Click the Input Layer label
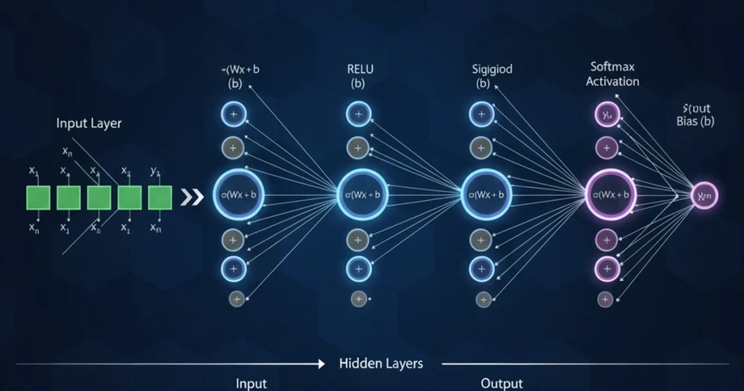[x=89, y=123]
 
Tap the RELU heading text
[x=361, y=69]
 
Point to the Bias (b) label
[x=696, y=122]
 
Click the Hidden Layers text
[x=381, y=363]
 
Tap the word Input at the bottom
[x=251, y=384]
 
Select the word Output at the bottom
[x=502, y=384]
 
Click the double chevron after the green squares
[x=192, y=198]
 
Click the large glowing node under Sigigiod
[x=487, y=195]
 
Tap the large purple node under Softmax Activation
[x=611, y=195]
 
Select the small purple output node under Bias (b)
[x=704, y=196]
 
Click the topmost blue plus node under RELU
[x=358, y=114]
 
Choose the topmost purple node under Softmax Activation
[x=606, y=114]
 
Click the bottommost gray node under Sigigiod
[x=481, y=299]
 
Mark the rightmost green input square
[x=160, y=198]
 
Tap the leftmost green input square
[x=38, y=198]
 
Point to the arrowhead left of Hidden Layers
[x=321, y=364]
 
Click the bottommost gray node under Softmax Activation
[x=605, y=299]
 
